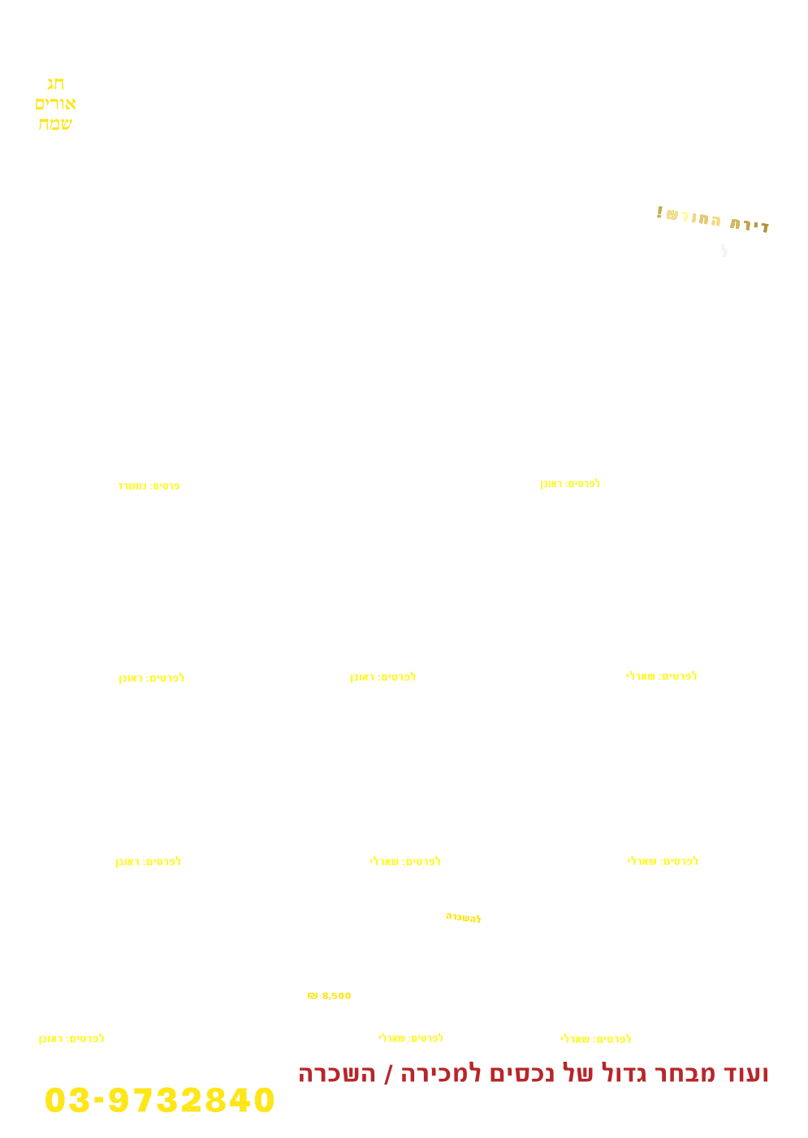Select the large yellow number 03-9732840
click(160, 1101)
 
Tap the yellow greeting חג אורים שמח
click(55, 104)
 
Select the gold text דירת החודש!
click(712, 218)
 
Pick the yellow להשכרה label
click(463, 918)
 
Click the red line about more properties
click(533, 1074)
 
